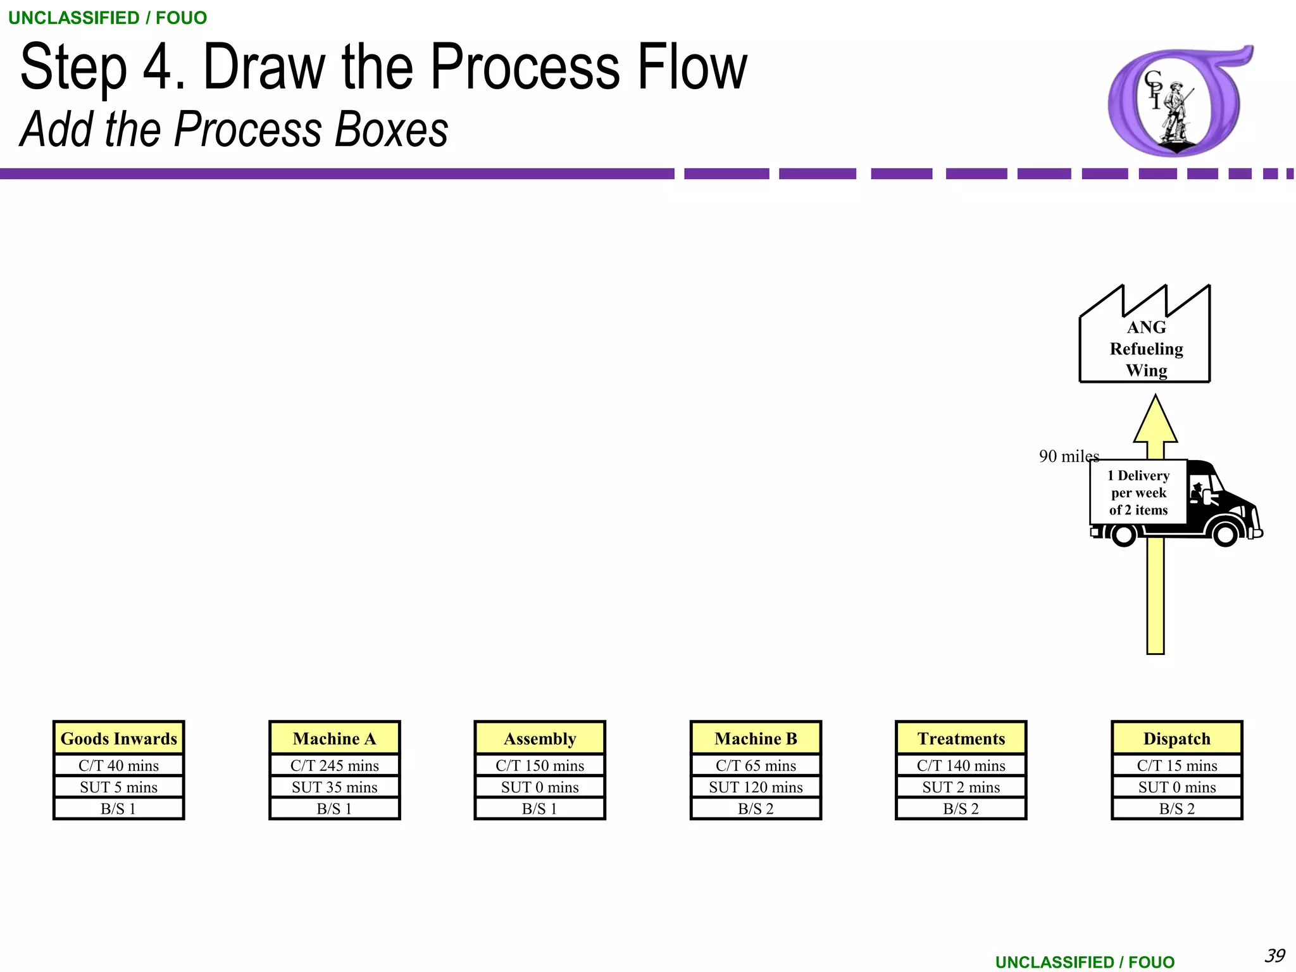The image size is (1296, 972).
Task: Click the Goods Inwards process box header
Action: pos(118,738)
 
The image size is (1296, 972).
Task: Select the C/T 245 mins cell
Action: pos(334,766)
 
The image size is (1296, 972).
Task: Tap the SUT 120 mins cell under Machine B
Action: pos(756,787)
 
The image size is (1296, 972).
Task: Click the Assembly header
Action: pos(540,738)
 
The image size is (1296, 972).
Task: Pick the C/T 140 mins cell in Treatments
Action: pos(961,766)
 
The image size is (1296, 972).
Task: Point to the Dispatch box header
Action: pos(1176,738)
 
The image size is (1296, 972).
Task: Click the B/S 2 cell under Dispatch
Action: pos(1176,809)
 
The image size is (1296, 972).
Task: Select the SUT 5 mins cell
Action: pos(118,787)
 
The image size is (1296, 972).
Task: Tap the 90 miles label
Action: pos(1068,456)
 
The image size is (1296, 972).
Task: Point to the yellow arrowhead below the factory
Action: pos(1156,421)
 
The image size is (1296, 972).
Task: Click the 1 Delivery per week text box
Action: pos(1138,492)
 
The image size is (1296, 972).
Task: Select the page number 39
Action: pos(1274,955)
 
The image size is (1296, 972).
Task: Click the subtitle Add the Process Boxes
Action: pos(234,130)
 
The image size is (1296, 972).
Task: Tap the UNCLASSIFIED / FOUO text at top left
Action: pos(108,18)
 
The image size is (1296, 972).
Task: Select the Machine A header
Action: pos(334,738)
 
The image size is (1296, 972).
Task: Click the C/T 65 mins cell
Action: pos(756,766)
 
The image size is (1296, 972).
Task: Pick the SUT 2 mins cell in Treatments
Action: pos(961,787)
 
